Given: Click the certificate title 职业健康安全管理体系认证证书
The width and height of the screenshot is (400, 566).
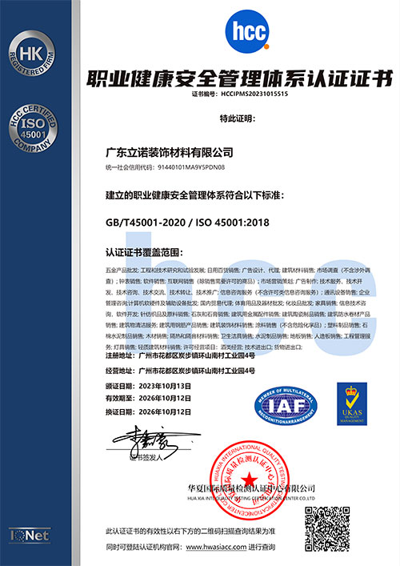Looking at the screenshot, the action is pyautogui.click(x=239, y=78).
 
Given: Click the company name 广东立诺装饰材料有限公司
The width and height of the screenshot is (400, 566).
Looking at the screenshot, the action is pyautogui.click(x=170, y=151).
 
